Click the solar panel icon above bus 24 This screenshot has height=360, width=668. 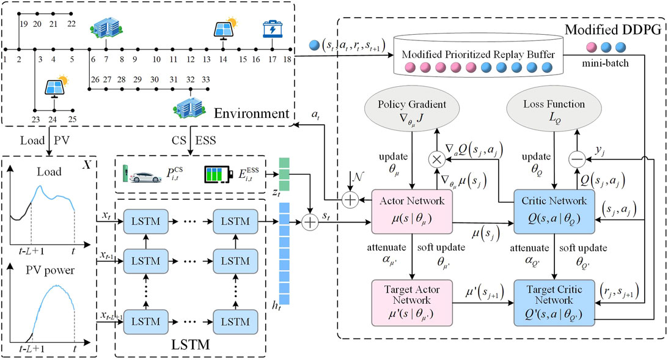coord(56,87)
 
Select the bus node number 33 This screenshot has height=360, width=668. coord(206,80)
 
